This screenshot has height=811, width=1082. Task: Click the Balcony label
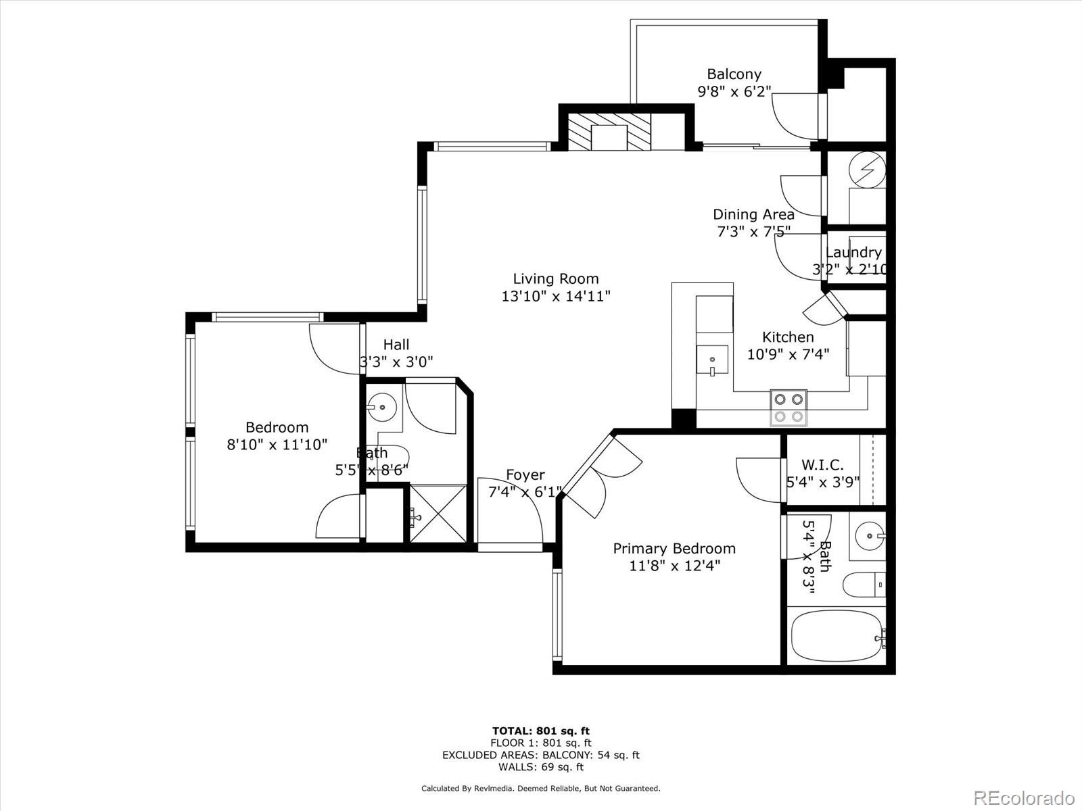pyautogui.click(x=734, y=74)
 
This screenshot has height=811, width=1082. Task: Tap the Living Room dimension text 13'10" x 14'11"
pyautogui.click(x=555, y=296)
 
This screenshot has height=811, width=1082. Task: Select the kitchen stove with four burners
pyautogui.click(x=789, y=408)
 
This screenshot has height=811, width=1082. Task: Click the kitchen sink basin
pyautogui.click(x=712, y=360)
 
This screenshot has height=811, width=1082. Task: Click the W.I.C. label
pyautogui.click(x=822, y=465)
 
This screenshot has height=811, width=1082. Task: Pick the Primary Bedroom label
pyautogui.click(x=674, y=548)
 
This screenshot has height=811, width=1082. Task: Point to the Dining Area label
pyautogui.click(x=753, y=214)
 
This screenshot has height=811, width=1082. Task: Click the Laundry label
pyautogui.click(x=853, y=253)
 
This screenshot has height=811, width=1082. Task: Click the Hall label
pyautogui.click(x=396, y=345)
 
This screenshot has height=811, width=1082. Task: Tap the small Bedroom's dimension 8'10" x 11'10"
pyautogui.click(x=277, y=445)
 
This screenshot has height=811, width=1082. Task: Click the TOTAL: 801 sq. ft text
pyautogui.click(x=540, y=731)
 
